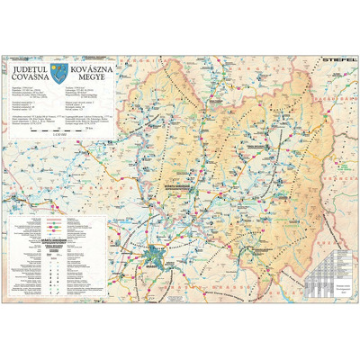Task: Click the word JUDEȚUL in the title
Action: [x=30, y=66]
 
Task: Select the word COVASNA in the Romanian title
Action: [x=30, y=76]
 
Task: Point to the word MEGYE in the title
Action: [x=84, y=76]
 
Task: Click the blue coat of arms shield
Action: [x=59, y=70]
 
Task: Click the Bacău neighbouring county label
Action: [x=310, y=99]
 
